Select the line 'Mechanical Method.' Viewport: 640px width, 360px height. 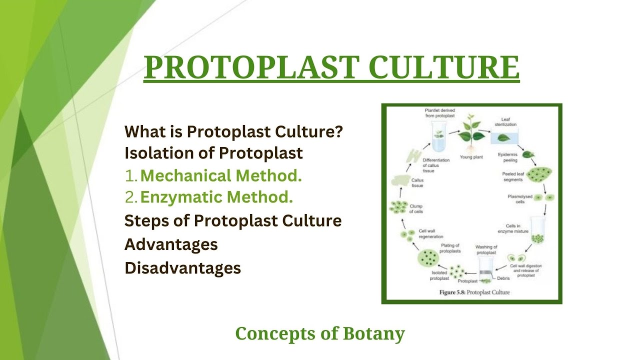[x=221, y=175]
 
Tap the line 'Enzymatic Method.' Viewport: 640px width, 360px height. [x=216, y=197]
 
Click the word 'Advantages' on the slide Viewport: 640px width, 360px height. [x=171, y=244]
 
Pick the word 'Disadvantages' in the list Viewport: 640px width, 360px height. [x=182, y=268]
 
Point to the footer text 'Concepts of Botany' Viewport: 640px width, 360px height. [x=320, y=333]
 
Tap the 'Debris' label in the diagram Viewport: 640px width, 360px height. [x=503, y=278]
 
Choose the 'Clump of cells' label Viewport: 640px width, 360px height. [x=416, y=208]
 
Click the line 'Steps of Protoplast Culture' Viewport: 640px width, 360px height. [x=233, y=220]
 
